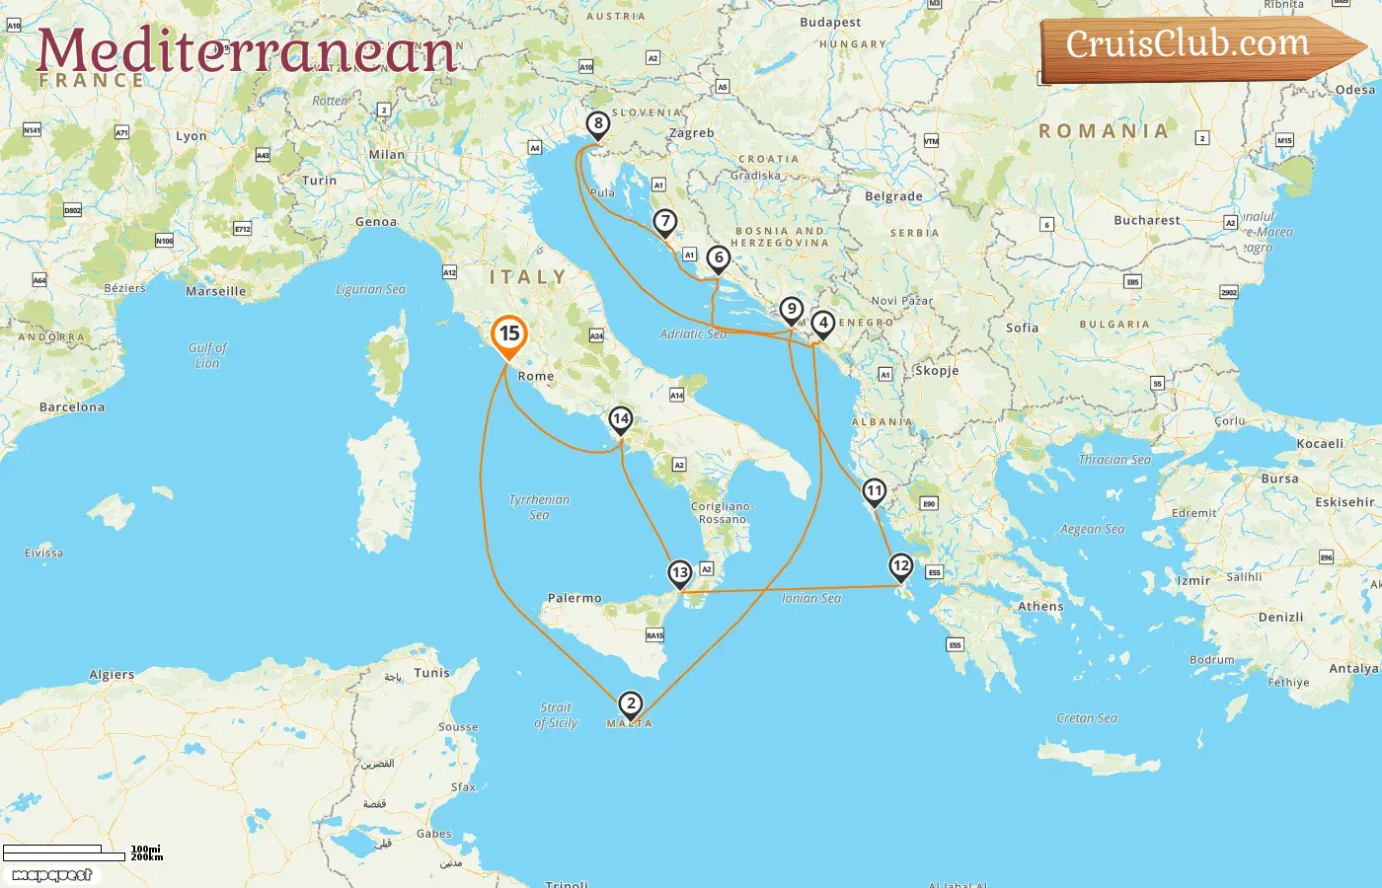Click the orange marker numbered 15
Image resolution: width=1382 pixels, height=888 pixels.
point(508,334)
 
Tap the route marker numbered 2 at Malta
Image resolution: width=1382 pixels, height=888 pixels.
point(630,703)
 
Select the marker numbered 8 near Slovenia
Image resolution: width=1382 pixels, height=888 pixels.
point(597,124)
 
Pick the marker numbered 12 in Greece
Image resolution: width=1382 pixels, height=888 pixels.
point(900,566)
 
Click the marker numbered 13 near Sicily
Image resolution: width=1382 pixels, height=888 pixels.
point(679,573)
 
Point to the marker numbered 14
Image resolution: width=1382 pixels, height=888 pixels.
point(620,419)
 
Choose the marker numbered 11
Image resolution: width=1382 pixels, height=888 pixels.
point(874,491)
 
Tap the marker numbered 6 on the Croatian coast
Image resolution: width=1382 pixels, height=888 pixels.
point(719,259)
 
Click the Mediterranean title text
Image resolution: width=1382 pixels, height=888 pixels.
point(247,51)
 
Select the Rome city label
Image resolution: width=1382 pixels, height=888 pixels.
point(536,377)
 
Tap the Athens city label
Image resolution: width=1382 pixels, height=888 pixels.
point(1040,607)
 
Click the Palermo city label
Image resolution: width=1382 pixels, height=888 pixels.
point(575,598)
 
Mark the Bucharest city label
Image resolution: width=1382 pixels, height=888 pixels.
point(1146,221)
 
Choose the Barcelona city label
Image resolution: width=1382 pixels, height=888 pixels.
point(72,407)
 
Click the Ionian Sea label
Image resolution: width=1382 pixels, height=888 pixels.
point(811,599)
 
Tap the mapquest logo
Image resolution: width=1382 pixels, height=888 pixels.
point(52,875)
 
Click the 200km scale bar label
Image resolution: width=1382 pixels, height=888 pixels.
point(147,857)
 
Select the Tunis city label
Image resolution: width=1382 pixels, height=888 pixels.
point(431,673)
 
